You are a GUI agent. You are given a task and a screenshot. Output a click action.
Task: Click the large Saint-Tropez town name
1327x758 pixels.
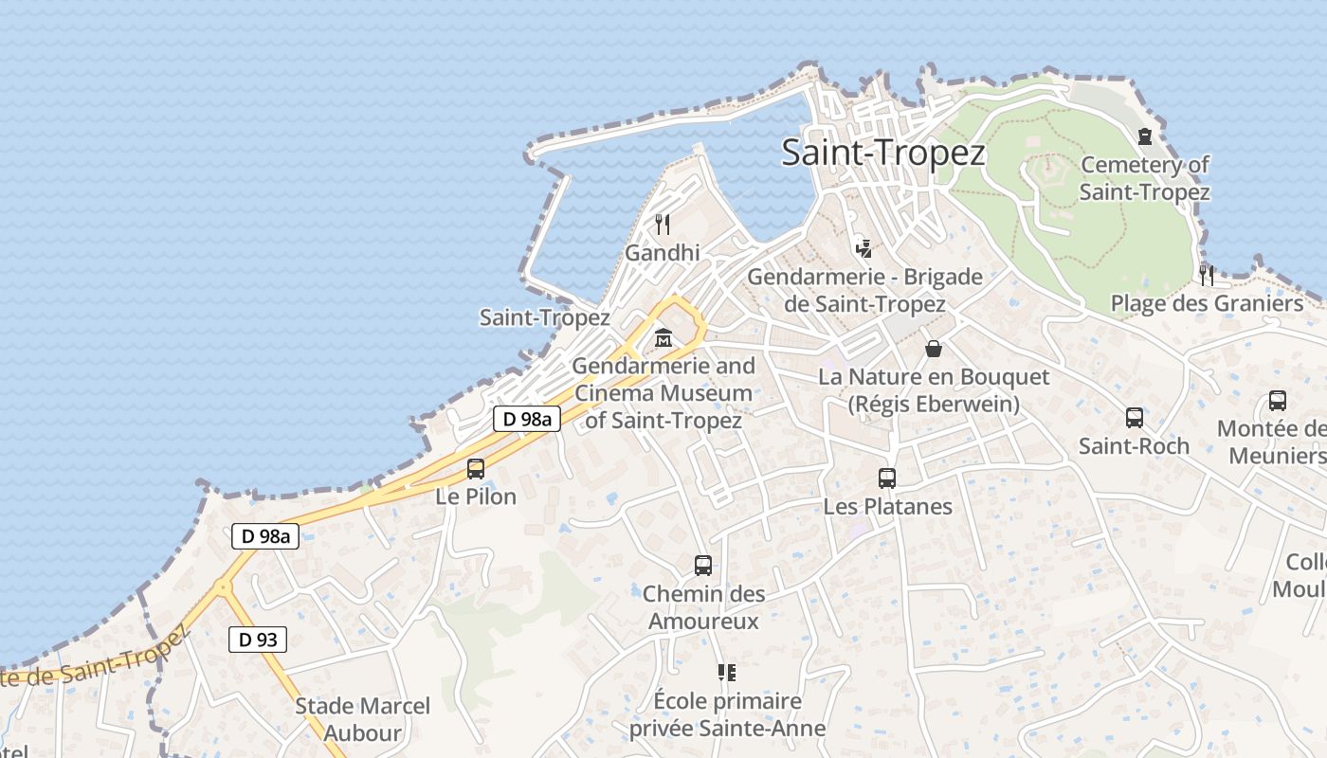(x=883, y=153)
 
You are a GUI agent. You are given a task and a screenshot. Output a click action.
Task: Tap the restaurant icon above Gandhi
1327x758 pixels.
(x=663, y=225)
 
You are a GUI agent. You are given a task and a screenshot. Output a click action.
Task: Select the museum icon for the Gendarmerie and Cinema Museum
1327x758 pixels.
(x=663, y=337)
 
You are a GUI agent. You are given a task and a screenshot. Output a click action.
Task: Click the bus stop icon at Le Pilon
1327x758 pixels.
(x=476, y=468)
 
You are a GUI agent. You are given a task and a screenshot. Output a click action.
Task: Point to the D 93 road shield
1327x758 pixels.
(x=258, y=640)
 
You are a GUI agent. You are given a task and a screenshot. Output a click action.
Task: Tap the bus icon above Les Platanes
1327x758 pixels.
(x=887, y=478)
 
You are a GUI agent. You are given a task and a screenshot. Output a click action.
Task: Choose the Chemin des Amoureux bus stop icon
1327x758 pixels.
(x=703, y=566)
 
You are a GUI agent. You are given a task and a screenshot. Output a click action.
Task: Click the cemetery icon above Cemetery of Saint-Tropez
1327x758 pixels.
(x=1145, y=136)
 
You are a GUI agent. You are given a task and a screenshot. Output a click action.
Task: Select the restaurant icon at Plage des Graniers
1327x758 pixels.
(x=1207, y=276)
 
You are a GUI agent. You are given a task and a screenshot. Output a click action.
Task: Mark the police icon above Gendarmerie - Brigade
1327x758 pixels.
(x=863, y=249)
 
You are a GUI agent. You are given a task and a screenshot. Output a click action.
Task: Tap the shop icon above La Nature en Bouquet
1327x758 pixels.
(x=934, y=349)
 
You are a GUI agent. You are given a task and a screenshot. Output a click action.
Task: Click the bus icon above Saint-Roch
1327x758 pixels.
(x=1135, y=418)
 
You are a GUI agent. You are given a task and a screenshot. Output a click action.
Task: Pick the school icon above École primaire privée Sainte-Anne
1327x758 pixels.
(x=727, y=673)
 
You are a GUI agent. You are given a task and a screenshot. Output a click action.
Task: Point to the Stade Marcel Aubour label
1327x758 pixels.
(x=362, y=719)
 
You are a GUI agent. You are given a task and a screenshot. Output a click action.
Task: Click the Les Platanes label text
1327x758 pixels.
(x=887, y=506)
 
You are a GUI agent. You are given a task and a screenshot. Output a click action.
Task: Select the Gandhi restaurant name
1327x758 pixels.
(x=663, y=253)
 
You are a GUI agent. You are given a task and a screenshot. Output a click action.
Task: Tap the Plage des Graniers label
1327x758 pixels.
(x=1207, y=303)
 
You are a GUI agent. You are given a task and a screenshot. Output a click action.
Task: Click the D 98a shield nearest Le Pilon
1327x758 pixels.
(x=527, y=419)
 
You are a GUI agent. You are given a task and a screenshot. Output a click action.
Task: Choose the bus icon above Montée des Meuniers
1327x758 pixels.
(x=1278, y=401)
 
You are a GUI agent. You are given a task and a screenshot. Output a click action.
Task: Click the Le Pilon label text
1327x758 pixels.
(x=476, y=496)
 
